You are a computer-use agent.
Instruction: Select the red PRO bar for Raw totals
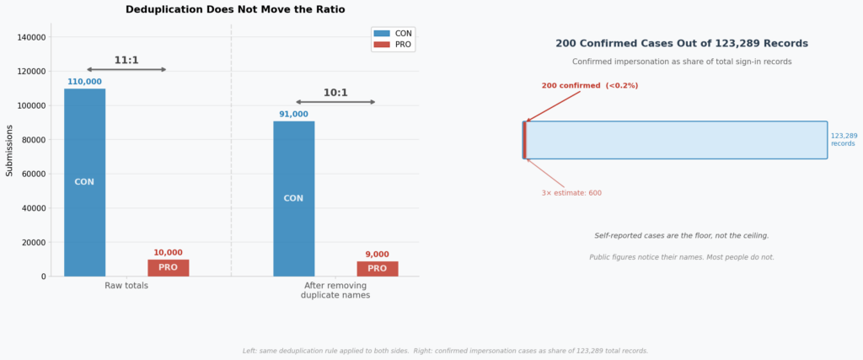[x=168, y=267]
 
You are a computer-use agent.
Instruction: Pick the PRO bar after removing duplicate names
[x=377, y=268]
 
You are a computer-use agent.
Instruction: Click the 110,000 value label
[x=84, y=82]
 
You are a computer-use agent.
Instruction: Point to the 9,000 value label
[x=377, y=255]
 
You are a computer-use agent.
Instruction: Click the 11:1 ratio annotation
[x=126, y=61]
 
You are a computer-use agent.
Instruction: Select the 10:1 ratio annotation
[x=335, y=93]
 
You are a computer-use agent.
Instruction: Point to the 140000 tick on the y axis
[x=31, y=37]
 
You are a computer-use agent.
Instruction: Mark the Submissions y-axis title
[x=9, y=150]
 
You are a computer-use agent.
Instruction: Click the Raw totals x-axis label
[x=126, y=286]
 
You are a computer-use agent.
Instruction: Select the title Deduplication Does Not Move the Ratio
[x=235, y=9]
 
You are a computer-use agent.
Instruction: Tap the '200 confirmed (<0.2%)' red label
[x=589, y=85]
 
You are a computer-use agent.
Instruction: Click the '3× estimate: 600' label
[x=571, y=193]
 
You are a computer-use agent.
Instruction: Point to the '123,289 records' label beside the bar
[x=844, y=139]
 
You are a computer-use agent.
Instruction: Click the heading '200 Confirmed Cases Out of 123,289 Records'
[x=681, y=43]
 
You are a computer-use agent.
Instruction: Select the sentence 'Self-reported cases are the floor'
[x=681, y=236]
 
